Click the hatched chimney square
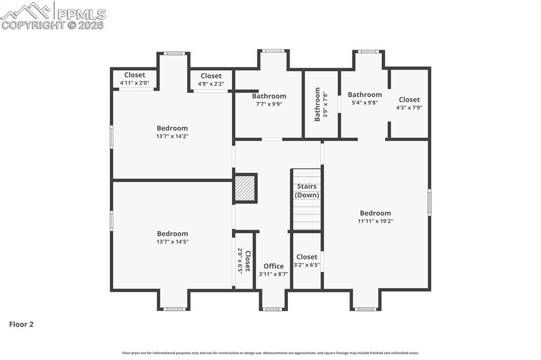click(x=245, y=188)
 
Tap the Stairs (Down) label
click(x=307, y=191)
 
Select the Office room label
click(x=274, y=266)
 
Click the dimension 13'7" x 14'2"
click(x=172, y=136)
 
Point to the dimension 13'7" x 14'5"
click(x=172, y=242)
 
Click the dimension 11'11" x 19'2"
click(x=375, y=221)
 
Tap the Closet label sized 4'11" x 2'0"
click(x=135, y=75)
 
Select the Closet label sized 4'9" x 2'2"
click(x=211, y=76)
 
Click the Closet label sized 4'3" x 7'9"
click(x=409, y=99)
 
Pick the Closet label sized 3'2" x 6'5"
click(x=307, y=257)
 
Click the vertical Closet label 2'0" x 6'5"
click(x=247, y=261)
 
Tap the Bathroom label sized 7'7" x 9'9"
click(x=269, y=96)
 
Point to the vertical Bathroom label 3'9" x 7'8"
click(x=318, y=105)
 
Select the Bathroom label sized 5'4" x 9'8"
click(x=365, y=95)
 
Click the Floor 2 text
click(x=21, y=325)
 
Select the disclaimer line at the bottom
click(x=270, y=353)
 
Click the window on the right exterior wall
click(x=430, y=203)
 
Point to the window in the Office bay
click(x=273, y=309)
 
